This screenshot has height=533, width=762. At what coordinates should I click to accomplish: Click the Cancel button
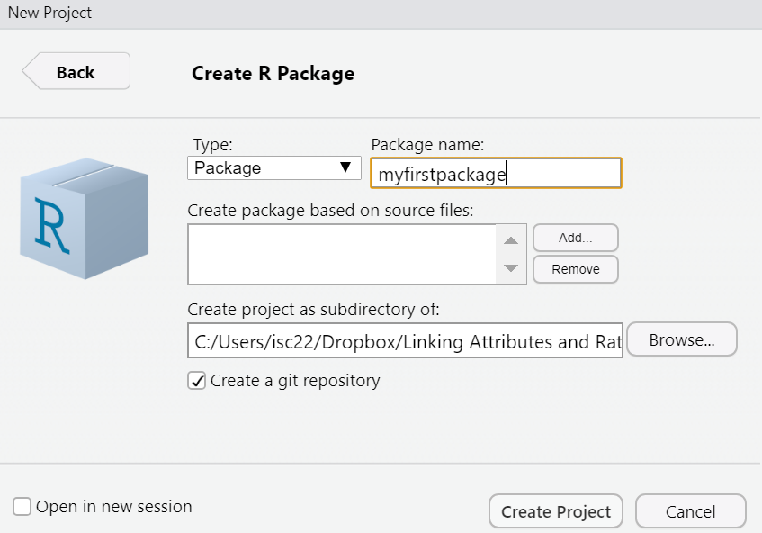coord(690,511)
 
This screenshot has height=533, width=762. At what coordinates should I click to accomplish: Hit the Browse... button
coord(681,340)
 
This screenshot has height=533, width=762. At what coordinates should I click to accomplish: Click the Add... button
coord(575,238)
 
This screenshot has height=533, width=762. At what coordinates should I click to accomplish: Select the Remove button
coord(575,268)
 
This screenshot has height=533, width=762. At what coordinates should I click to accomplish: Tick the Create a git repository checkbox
coord(197,381)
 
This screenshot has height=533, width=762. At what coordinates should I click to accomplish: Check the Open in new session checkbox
coord(22,507)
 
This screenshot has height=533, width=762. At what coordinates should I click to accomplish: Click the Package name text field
coord(495,173)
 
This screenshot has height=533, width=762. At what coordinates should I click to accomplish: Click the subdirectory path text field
coord(405,342)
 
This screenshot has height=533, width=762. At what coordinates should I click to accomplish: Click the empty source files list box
coord(342,254)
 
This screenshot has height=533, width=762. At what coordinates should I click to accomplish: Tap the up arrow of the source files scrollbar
coord(511,240)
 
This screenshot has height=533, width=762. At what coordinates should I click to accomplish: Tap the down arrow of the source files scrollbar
coord(511,268)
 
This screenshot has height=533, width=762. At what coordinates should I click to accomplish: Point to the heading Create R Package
coord(273,74)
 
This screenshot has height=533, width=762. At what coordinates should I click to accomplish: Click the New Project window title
coord(49,13)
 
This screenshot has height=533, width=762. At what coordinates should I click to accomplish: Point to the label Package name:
coord(427,145)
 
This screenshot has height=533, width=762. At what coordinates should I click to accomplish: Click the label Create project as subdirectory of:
coord(313,309)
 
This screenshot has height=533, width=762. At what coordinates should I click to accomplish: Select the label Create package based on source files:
coord(330,210)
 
